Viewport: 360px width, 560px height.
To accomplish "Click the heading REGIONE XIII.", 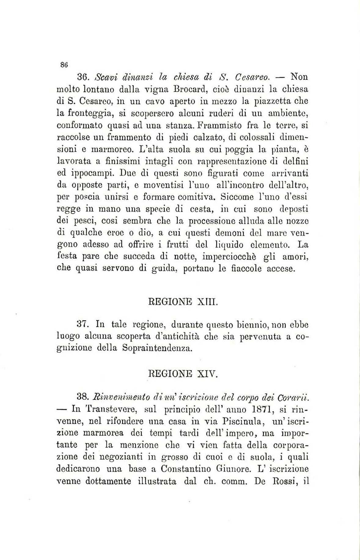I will click(183, 302).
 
